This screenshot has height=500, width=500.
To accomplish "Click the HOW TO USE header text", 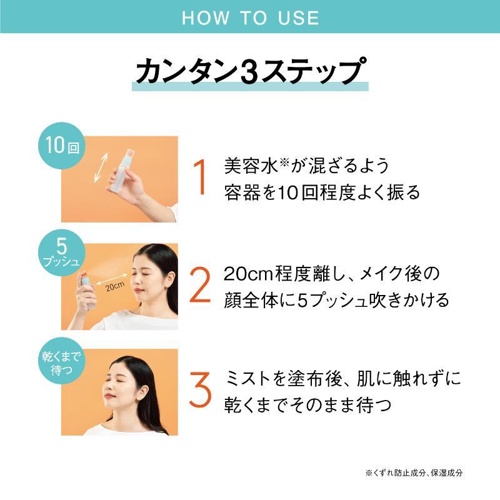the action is point(251,17).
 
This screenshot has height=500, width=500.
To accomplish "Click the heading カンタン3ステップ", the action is point(251,71).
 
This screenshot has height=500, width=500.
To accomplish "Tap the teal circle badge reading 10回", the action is point(61,146).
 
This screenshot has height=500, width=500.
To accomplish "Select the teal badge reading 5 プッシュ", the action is point(61,253).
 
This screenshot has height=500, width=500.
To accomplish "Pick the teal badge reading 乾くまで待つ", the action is point(61,361).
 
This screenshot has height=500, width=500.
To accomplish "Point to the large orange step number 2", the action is point(200,284).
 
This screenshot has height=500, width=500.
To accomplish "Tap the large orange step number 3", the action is point(200,389).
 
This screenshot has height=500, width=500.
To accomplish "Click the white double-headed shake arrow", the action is point(101,167).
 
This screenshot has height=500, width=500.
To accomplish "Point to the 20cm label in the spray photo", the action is point(115,286).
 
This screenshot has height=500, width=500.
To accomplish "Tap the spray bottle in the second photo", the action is point(87,289).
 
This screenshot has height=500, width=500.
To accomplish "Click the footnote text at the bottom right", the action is point(414,473).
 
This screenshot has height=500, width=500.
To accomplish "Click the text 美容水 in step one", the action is point(251,166).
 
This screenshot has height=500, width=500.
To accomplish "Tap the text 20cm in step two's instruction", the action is point(248,274).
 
